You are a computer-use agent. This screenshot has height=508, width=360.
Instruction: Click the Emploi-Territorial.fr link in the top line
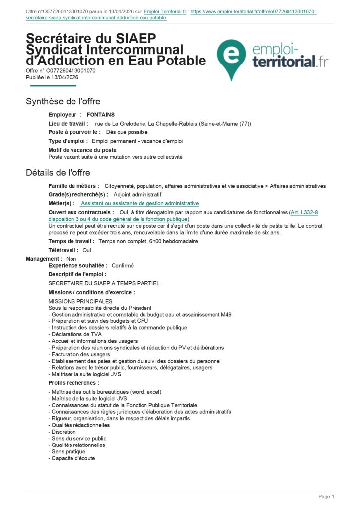coord(164,11)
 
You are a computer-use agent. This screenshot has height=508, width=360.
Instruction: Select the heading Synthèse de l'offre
coord(63,101)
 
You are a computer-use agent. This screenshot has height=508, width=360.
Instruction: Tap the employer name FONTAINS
coord(101,115)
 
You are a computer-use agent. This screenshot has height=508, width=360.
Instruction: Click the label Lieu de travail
coord(68,124)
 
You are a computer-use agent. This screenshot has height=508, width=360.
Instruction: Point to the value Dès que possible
coord(127,132)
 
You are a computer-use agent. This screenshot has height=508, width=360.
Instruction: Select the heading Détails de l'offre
coord(58,173)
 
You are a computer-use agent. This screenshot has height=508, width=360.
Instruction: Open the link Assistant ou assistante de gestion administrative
coord(140,203)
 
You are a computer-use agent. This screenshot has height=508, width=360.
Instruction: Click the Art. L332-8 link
coord(304,212)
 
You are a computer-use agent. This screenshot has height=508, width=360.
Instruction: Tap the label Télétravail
coord(64,250)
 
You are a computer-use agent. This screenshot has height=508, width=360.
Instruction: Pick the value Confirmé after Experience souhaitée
coord(122,266)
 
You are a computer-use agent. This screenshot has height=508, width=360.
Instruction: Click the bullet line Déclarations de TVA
coord(75,334)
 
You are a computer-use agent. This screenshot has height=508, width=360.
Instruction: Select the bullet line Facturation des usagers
coord(79,354)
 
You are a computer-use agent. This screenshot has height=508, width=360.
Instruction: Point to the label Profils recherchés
coord(73,383)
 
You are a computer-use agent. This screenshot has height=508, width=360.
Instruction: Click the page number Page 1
coord(326,497)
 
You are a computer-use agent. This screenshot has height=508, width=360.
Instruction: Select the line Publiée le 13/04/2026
coord(52,77)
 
